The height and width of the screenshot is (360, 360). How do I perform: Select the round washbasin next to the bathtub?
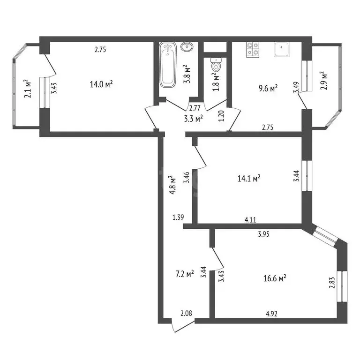(187, 47)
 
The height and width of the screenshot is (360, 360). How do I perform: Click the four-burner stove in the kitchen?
(253, 50)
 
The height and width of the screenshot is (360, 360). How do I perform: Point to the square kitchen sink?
(282, 49)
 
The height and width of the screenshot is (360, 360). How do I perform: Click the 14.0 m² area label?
(101, 84)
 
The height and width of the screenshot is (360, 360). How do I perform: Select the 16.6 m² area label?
(275, 278)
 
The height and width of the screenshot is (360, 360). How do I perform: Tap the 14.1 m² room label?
(249, 178)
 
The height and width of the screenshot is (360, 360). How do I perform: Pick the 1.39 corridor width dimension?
(178, 217)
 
